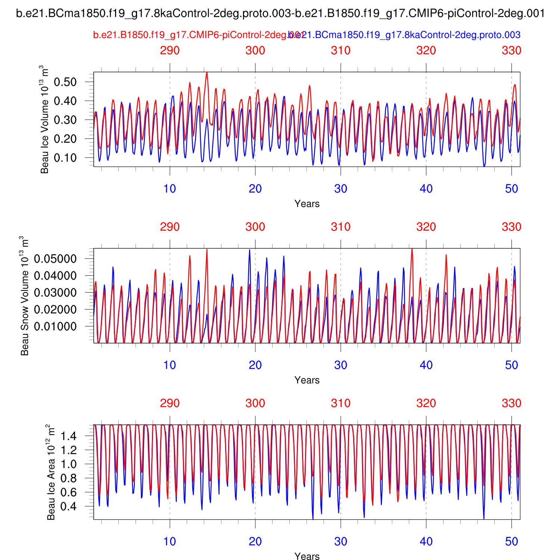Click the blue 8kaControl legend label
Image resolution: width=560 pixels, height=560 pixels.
405,35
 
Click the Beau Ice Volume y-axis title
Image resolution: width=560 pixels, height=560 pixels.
45,119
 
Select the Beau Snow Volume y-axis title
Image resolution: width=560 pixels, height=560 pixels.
25,296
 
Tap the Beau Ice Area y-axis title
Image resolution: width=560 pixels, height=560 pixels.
51,472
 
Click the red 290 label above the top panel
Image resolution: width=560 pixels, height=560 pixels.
170,50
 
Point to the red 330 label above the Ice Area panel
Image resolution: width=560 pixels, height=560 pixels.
511,403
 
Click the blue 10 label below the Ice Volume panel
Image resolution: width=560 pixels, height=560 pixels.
170,189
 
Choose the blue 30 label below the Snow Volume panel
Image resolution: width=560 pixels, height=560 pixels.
340,365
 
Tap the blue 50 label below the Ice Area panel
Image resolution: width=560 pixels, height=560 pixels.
511,541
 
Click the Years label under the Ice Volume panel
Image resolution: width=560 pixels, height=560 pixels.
307,204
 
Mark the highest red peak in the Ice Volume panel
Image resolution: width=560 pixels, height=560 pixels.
207,73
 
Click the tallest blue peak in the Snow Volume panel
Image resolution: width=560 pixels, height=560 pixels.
250,250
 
